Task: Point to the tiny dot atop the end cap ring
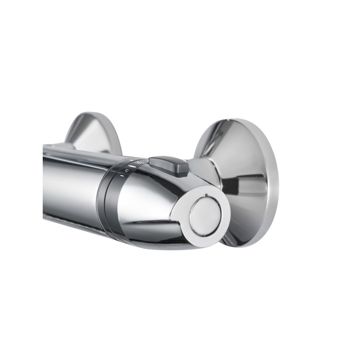205,195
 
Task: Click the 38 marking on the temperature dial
139,165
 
